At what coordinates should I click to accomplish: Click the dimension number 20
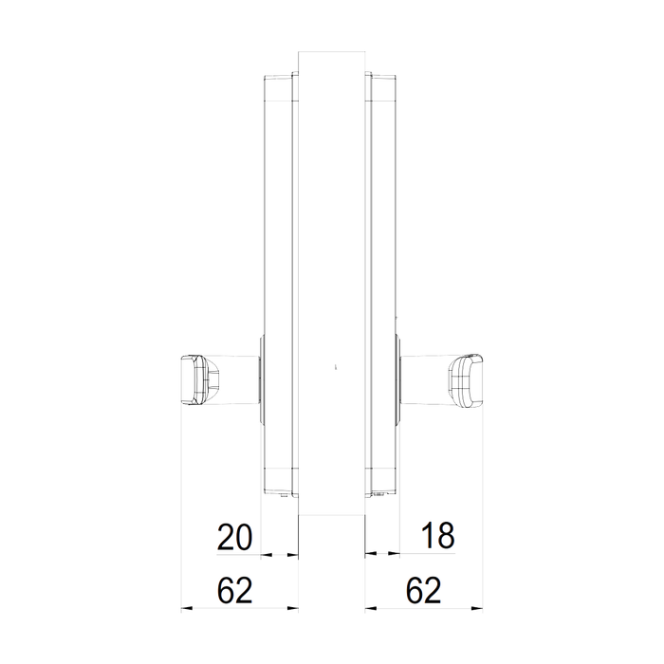pos(234,537)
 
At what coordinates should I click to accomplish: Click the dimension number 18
pos(437,535)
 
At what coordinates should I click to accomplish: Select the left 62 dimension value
pos(234,590)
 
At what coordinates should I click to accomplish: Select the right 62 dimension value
pos(423,590)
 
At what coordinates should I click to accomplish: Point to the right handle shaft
pos(425,379)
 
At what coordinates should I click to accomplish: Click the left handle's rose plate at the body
pos(261,379)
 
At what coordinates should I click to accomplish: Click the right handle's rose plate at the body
pos(398,379)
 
